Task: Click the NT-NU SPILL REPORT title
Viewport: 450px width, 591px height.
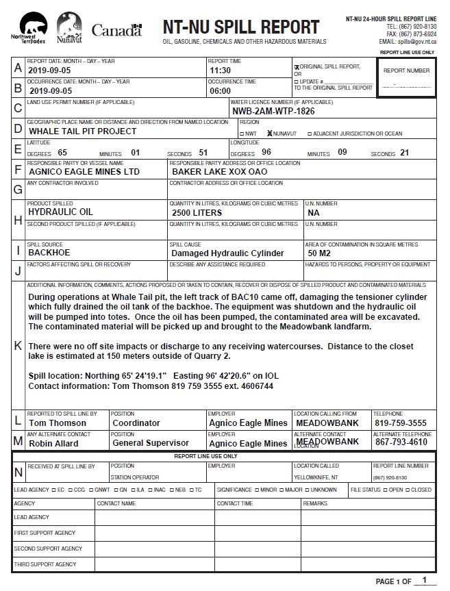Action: click(x=241, y=27)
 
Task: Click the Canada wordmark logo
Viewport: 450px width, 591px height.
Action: click(x=116, y=30)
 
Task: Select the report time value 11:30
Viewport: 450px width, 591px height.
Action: click(x=220, y=71)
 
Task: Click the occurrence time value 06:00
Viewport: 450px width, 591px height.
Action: click(x=220, y=90)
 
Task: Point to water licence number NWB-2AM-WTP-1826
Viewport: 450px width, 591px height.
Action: click(x=273, y=111)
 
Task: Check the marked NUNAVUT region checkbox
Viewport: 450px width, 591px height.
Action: click(x=270, y=134)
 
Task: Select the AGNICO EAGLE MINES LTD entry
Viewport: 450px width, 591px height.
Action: click(x=84, y=172)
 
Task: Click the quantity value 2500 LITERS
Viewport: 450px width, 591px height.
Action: click(x=197, y=213)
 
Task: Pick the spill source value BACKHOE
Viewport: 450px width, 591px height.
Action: click(x=49, y=253)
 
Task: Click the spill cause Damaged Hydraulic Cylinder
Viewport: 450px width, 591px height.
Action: click(x=227, y=253)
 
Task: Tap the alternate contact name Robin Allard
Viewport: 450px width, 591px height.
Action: click(x=53, y=443)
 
